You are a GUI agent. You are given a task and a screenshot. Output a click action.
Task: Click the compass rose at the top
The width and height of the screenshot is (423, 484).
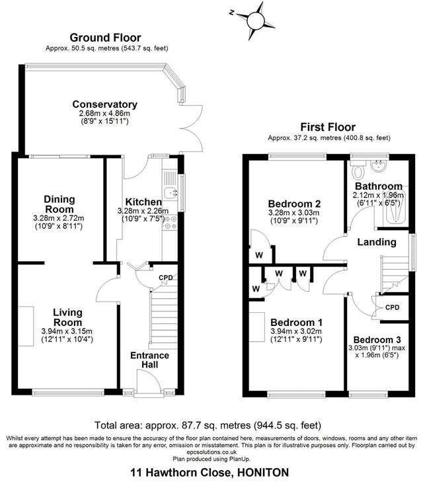click(254, 20)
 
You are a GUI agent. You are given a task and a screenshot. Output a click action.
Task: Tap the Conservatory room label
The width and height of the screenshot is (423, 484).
click(104, 104)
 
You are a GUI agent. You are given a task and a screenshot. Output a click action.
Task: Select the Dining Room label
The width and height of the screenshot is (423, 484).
click(59, 204)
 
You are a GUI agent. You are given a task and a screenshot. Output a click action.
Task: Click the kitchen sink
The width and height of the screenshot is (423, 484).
click(171, 192)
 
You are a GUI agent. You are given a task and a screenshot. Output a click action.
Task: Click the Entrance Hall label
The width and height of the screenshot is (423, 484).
click(151, 360)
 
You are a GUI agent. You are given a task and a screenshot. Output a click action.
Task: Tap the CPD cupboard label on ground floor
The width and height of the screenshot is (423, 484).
click(166, 278)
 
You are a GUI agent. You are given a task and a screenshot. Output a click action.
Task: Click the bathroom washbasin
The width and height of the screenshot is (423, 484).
click(380, 166)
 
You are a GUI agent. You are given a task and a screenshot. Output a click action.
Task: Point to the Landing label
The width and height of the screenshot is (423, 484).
click(377, 243)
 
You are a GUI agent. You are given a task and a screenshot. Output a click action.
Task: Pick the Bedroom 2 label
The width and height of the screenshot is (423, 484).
click(294, 203)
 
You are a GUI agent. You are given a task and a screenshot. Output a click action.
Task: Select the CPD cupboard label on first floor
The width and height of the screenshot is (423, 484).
click(393, 307)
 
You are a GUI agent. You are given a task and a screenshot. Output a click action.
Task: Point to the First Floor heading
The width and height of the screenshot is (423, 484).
click(328, 127)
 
